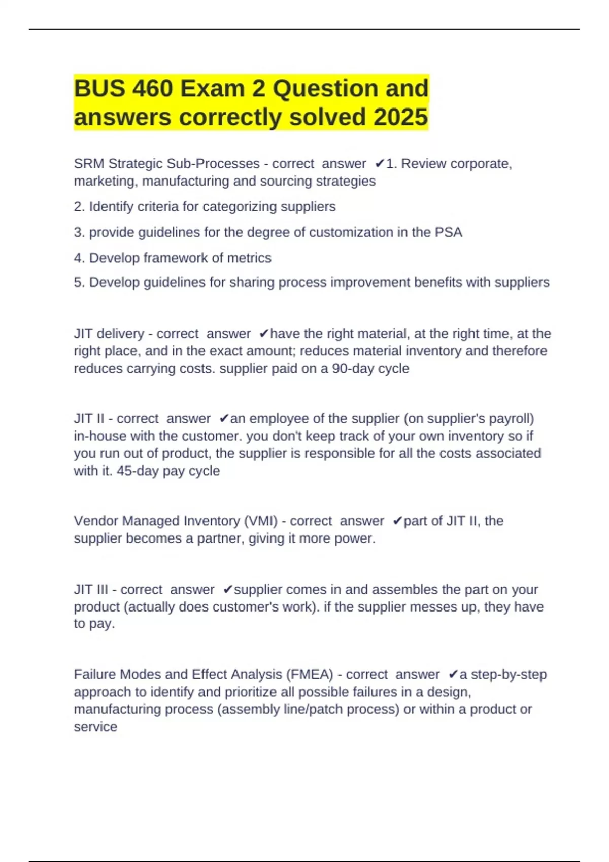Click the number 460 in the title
tap(152, 89)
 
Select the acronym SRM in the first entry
tap(89, 164)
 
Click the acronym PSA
tap(449, 232)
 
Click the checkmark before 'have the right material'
tap(264, 334)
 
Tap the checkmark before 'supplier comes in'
tap(228, 589)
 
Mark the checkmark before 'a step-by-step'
tap(453, 674)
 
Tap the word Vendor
tap(96, 521)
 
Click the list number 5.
tap(79, 282)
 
